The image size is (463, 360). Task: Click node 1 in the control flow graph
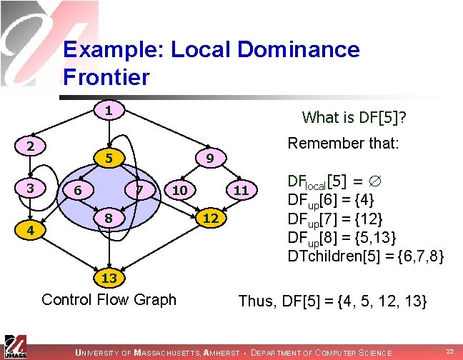[107, 111]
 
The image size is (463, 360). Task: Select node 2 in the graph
[30, 146]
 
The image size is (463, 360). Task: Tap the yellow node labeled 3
[30, 188]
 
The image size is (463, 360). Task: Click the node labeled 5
[107, 157]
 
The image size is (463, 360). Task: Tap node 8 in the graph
[107, 216]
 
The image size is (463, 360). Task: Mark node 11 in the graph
[241, 190]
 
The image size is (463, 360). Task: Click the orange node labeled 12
[209, 217]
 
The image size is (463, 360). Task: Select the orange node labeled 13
[108, 277]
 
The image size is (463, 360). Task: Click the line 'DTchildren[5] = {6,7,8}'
[365, 255]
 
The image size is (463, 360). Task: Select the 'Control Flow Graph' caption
[109, 299]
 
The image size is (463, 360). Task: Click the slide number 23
[449, 350]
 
